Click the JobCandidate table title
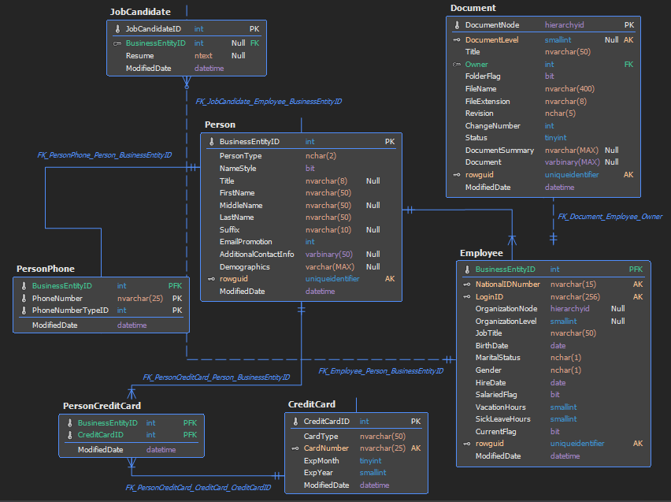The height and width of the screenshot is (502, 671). tap(140, 12)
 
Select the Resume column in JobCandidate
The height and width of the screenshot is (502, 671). tap(139, 56)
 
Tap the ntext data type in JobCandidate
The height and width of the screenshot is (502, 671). tap(203, 56)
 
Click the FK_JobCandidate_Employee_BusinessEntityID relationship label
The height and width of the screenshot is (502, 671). tap(269, 102)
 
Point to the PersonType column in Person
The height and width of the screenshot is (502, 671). tap(240, 156)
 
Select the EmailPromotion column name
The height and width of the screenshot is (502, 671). tap(246, 242)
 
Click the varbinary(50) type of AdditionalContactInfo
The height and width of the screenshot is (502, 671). tap(329, 255)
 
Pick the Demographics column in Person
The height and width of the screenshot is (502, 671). tap(245, 267)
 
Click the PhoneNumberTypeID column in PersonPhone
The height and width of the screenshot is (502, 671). tap(70, 310)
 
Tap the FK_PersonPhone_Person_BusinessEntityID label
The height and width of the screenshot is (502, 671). tap(105, 155)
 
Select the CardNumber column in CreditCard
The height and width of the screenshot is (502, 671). tap(326, 448)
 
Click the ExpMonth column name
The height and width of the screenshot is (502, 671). tap(321, 461)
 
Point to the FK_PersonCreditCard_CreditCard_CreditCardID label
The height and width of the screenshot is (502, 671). tap(198, 488)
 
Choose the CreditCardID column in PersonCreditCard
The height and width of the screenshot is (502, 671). tap(101, 435)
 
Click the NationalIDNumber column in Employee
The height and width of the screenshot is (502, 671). tap(507, 284)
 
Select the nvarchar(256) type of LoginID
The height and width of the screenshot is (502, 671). tap(575, 297)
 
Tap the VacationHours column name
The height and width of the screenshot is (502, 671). tap(501, 407)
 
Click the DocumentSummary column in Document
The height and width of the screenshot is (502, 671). tap(499, 151)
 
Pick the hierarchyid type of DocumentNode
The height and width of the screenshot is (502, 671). tap(565, 25)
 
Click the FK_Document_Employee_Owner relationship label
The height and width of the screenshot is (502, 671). tap(610, 217)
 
